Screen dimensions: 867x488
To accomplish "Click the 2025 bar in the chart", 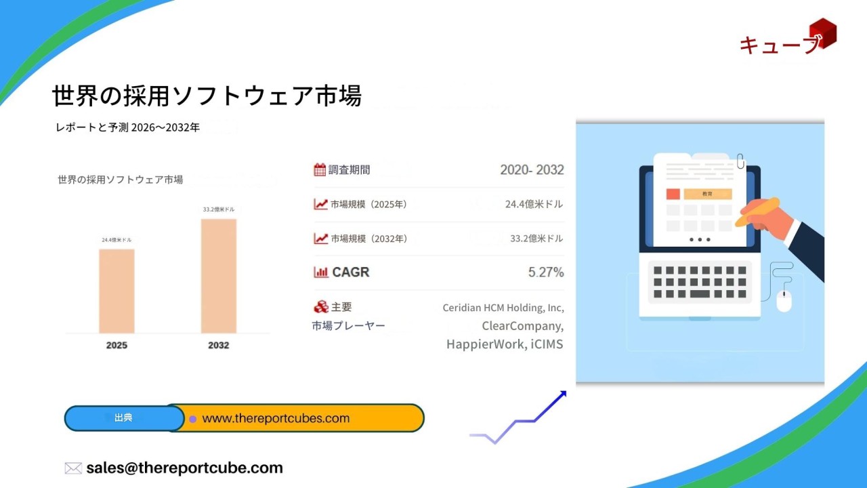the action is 117,291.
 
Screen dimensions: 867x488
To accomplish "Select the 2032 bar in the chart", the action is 219,276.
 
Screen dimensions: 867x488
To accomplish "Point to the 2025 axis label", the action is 117,345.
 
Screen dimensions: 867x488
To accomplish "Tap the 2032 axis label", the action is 219,345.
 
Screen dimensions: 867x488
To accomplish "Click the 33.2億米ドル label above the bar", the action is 219,209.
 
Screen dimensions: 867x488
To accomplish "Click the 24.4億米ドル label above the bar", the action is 117,240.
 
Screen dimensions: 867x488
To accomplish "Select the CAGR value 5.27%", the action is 546,272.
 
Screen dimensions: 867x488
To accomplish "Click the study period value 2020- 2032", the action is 532,169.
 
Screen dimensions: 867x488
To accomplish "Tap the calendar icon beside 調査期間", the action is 320,169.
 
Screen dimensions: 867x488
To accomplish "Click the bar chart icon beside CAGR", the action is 321,272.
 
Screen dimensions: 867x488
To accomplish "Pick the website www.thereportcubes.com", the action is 276,418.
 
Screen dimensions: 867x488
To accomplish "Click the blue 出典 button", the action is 124,418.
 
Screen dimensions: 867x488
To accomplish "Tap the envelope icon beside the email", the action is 73,468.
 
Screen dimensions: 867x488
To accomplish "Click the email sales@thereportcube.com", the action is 185,468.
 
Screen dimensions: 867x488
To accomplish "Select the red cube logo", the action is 822,33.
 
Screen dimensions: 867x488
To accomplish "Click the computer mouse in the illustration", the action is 784,300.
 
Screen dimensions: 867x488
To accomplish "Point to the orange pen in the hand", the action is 757,212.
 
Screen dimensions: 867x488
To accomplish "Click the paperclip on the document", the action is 740,161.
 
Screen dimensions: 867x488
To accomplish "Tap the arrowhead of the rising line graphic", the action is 562,394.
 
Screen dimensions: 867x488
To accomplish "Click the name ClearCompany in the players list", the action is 522,326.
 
